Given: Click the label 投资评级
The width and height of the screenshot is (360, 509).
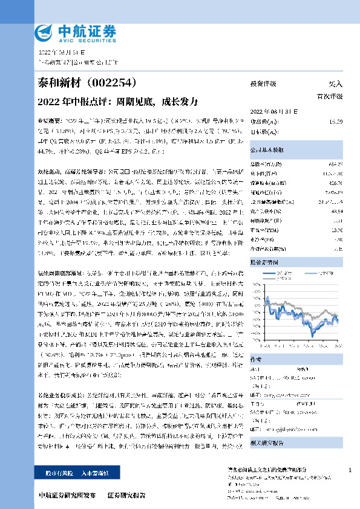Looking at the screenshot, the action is pyautogui.click(x=263, y=84).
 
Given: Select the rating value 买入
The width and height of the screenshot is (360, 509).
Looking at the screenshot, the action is pyautogui.click(x=335, y=84).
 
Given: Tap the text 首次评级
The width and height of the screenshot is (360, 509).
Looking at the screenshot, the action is pyautogui.click(x=330, y=96).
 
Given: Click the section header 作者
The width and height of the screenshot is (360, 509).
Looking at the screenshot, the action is pyautogui.click(x=257, y=358).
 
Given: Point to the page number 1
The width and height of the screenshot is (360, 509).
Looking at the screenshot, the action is pyautogui.click(x=350, y=470).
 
